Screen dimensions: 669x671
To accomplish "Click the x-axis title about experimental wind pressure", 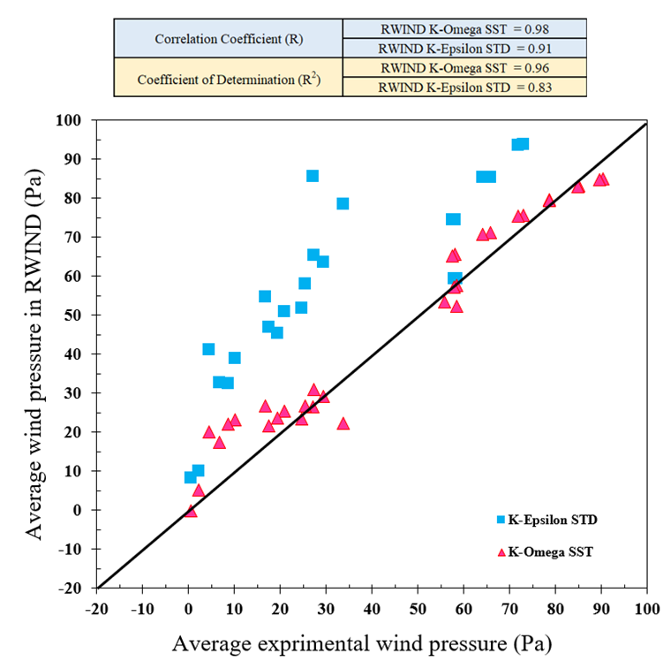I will (362, 642).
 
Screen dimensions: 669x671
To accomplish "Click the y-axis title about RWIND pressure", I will (34, 354).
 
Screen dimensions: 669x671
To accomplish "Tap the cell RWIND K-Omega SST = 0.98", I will (464, 29).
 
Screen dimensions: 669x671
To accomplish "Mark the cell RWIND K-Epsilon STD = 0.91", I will (464, 49).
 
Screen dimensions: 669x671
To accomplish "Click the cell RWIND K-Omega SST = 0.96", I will (464, 68).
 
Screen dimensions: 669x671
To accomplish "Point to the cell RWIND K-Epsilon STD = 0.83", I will (464, 87).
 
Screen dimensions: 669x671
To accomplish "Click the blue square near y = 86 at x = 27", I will (313, 176).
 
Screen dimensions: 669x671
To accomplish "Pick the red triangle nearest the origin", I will (191, 511).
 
